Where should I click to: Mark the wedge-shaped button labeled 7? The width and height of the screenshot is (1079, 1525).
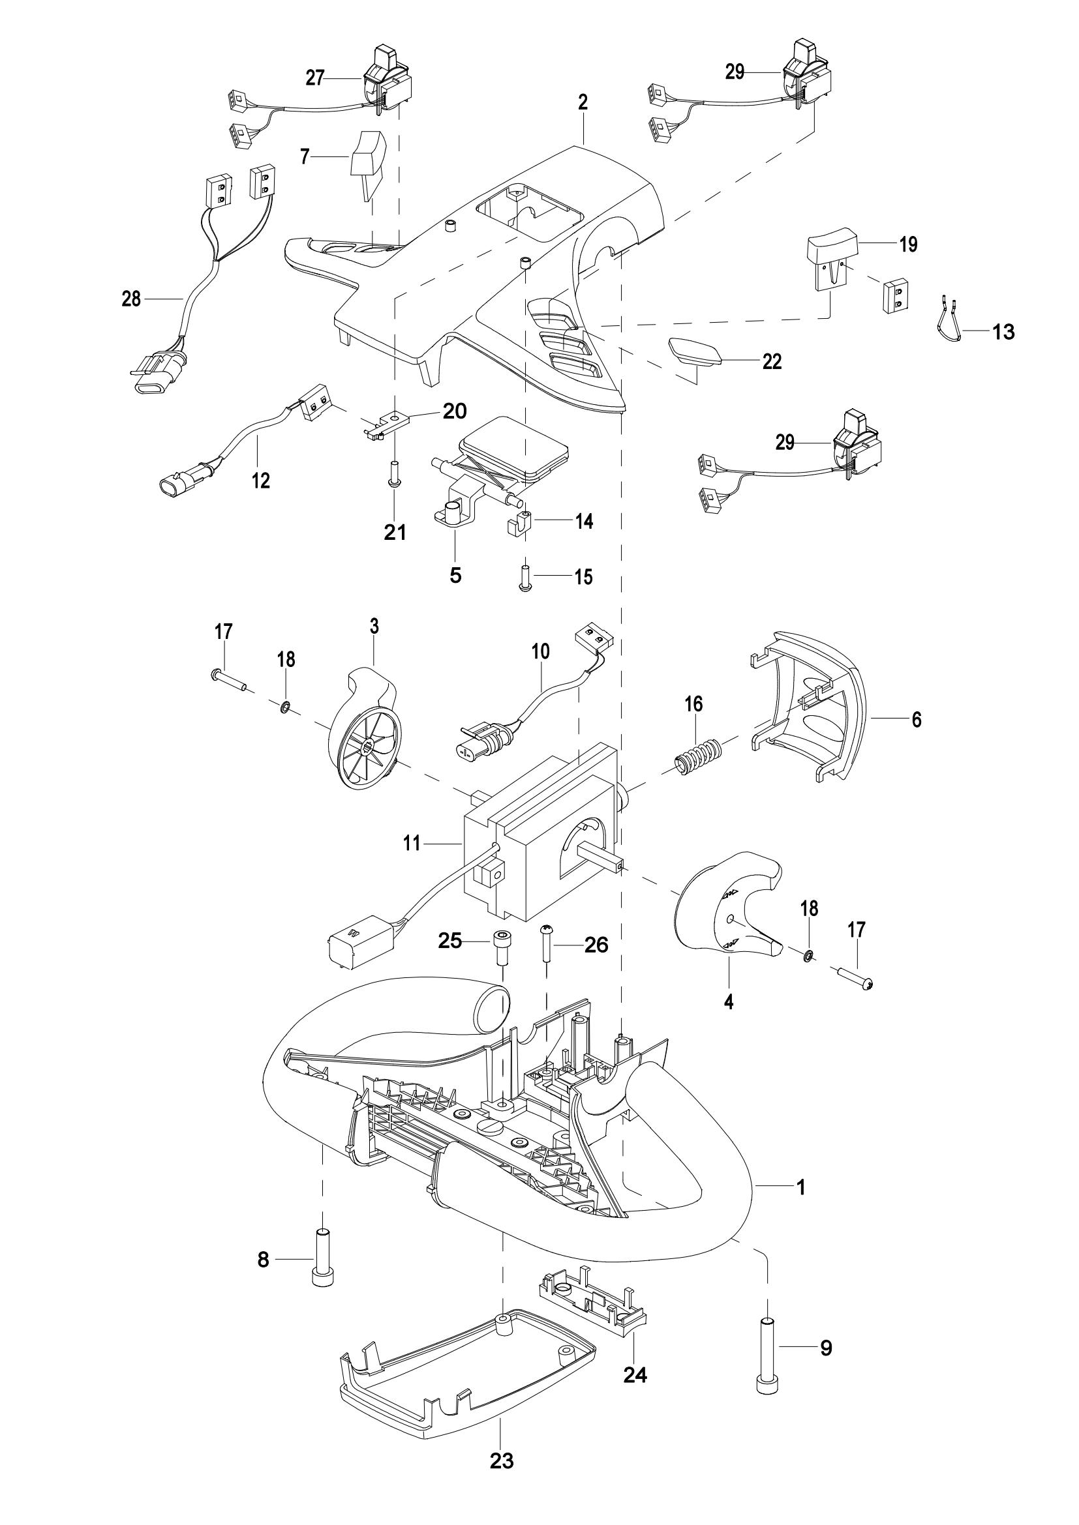(x=368, y=166)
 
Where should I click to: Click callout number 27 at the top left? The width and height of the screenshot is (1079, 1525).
(x=315, y=78)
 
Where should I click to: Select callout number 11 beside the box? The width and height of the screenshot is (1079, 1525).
(x=412, y=844)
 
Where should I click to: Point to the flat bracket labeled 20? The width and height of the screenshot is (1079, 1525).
(x=388, y=425)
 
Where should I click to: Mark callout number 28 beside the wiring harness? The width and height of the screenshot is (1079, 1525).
(x=131, y=299)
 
